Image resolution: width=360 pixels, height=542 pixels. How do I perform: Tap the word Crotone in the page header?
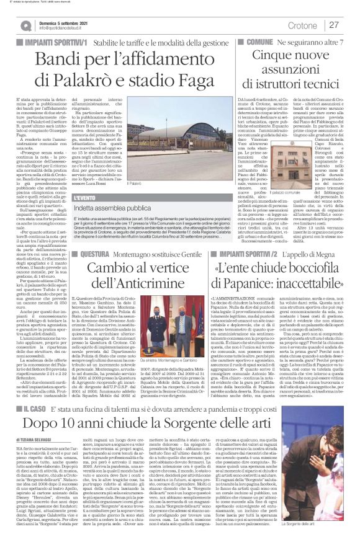tap(302, 25)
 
